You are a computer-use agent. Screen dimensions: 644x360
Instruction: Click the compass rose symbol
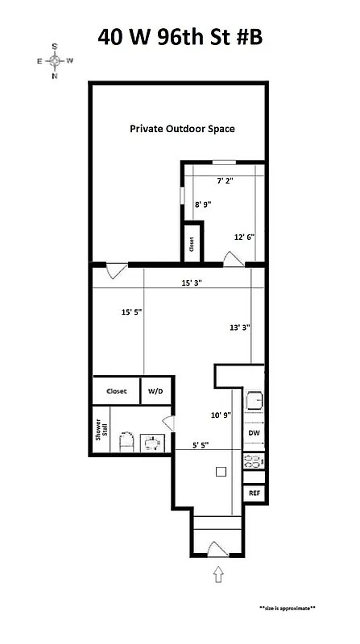pos(54,61)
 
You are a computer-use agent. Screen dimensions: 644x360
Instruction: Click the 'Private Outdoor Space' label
pos(176,129)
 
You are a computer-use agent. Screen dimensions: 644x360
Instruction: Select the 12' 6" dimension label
pos(244,237)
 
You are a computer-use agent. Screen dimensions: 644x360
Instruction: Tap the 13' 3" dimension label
pos(239,328)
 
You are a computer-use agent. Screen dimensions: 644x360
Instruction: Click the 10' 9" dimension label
pos(221,415)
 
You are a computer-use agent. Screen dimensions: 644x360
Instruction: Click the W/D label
pos(154,391)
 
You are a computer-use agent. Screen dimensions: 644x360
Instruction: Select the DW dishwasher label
pos(254,434)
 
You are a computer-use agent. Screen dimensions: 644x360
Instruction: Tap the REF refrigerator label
pos(254,492)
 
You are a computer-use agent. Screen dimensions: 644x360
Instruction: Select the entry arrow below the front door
pos(217,575)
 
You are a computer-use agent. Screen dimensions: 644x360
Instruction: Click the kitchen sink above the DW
pos(255,400)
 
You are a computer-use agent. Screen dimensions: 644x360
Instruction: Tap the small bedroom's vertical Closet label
pos(192,243)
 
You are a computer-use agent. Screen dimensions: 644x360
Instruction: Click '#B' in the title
pos(244,37)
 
